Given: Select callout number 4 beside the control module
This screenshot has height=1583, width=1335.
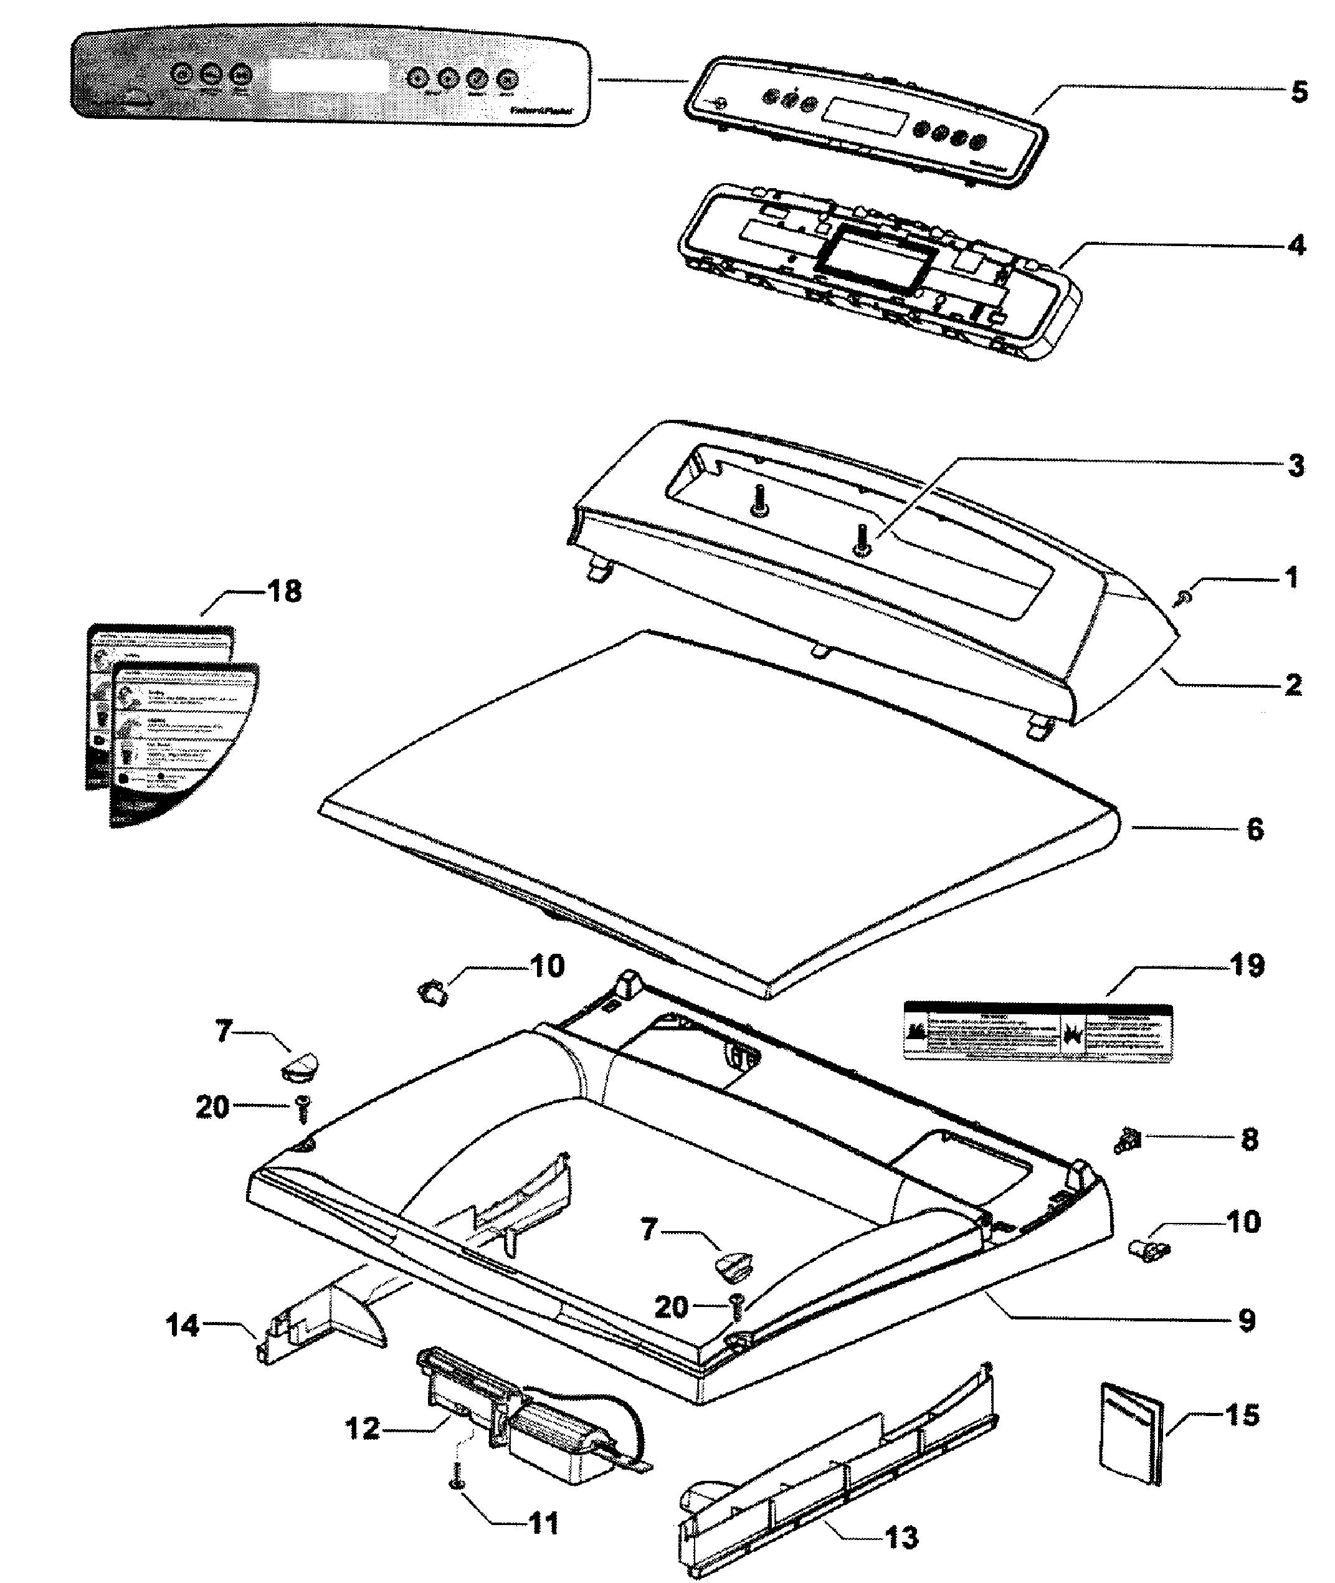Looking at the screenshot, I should [1296, 245].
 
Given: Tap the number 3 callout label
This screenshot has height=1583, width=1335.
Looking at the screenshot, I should [1296, 466].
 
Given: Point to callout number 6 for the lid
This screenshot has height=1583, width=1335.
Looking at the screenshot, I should [1255, 829].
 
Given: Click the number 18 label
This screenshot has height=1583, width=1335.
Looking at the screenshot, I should [285, 591].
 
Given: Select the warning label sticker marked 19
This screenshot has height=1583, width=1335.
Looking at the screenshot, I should [1038, 1032].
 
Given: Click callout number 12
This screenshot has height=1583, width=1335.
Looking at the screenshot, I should [362, 1429].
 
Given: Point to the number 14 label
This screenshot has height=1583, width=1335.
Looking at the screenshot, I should [183, 1326].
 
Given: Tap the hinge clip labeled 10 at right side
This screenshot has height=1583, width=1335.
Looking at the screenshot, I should [1147, 1249].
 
